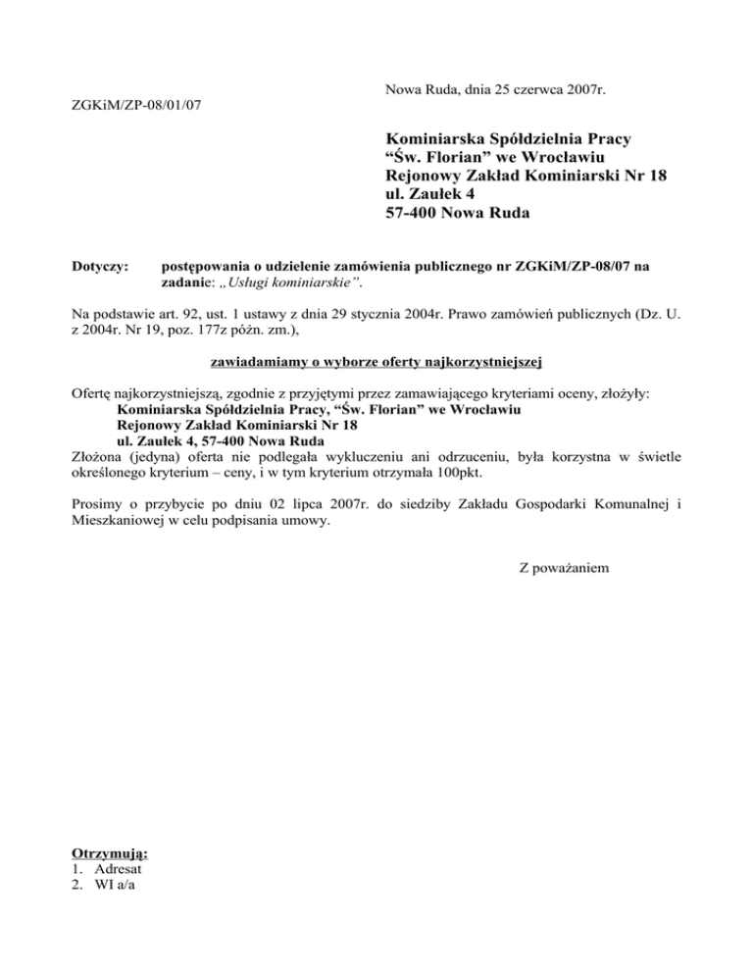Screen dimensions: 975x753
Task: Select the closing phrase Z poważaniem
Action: (x=564, y=569)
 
